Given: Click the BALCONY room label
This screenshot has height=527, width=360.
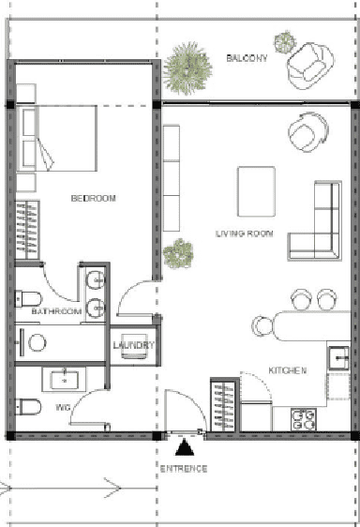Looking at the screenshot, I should pos(247,58).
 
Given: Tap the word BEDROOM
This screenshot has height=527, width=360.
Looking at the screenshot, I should pos(93,198).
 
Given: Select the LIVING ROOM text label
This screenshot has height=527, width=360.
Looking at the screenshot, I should pos(244,233).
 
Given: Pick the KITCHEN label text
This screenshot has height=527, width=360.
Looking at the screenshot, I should pos(287,371).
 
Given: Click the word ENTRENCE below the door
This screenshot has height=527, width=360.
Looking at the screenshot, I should pos(184,468).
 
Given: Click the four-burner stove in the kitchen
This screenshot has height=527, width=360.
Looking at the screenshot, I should pos(302,419).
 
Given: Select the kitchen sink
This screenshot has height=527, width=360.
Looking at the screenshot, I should pos(339,356).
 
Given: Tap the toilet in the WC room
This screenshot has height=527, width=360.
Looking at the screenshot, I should pos(28,406).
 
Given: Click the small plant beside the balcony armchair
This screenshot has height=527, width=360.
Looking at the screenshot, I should pos(283,42).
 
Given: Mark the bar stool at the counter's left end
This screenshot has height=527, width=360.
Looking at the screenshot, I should pos(262,327).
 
